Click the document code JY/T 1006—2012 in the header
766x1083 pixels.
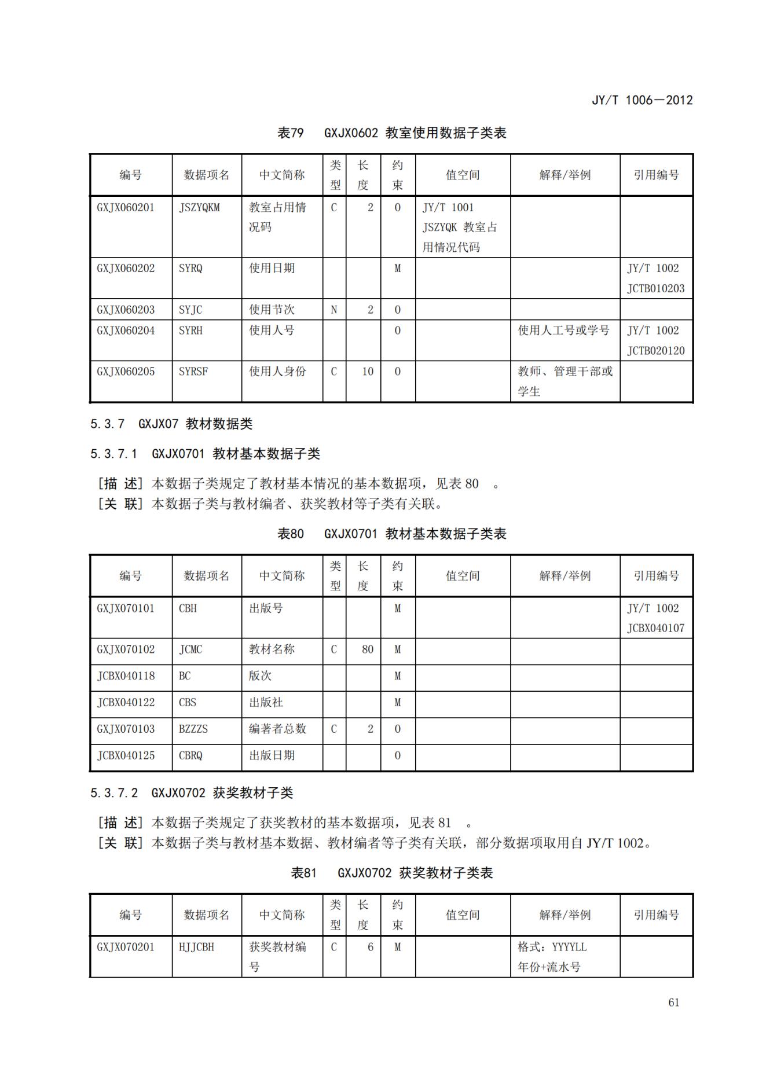tap(642, 100)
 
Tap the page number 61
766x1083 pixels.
tap(673, 1003)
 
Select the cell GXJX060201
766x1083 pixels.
tap(126, 208)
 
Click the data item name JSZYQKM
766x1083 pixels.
tap(199, 208)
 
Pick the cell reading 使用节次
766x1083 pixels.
tap(272, 310)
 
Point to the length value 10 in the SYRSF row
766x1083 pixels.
tap(368, 372)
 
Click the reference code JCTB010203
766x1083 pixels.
tap(655, 288)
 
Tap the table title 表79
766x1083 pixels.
tap(290, 133)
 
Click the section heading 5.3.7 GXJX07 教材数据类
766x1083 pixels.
tap(171, 424)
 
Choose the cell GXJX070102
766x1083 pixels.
tap(126, 649)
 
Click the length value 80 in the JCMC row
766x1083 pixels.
tap(368, 649)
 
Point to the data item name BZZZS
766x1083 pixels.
tap(193, 729)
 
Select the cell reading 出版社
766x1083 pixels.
tap(266, 702)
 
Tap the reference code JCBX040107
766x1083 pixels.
tap(655, 628)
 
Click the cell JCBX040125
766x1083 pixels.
tap(126, 755)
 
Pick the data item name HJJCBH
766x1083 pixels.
tap(196, 947)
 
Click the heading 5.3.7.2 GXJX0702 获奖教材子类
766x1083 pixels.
tap(192, 793)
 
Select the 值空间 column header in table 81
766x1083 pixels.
tap(462, 915)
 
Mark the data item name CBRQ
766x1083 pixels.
tap(190, 755)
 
